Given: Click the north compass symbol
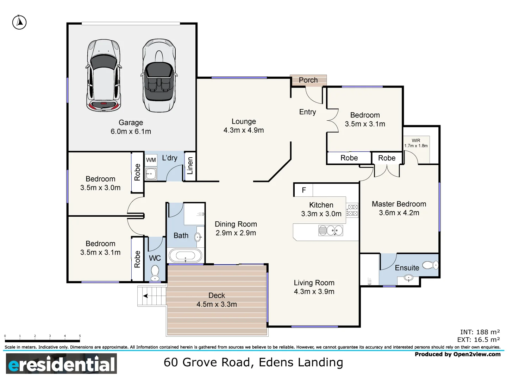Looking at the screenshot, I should (x=19, y=23).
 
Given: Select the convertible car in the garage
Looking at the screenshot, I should (x=159, y=75).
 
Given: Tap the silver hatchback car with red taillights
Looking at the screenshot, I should (x=104, y=75).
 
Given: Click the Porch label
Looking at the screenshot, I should (x=308, y=80).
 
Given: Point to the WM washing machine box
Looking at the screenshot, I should (x=151, y=160).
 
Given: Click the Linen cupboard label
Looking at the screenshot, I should (x=190, y=166).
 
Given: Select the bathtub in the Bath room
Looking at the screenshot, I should (x=186, y=256).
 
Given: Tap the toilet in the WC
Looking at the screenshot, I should (x=155, y=273).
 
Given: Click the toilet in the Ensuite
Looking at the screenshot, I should (x=430, y=265).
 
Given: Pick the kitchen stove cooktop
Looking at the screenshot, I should (x=352, y=210).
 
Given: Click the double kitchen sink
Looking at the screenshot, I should (x=330, y=231).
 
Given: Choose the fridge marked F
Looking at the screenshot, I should (x=303, y=190).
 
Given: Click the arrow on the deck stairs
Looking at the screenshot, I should (x=145, y=296).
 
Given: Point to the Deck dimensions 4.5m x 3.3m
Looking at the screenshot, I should (x=217, y=304).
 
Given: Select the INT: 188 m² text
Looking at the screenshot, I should (x=480, y=332).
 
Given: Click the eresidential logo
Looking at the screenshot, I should (x=62, y=364).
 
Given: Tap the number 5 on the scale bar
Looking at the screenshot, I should (x=80, y=336).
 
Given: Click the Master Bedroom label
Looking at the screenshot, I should (x=399, y=204).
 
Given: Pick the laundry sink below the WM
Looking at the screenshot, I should (x=151, y=174).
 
